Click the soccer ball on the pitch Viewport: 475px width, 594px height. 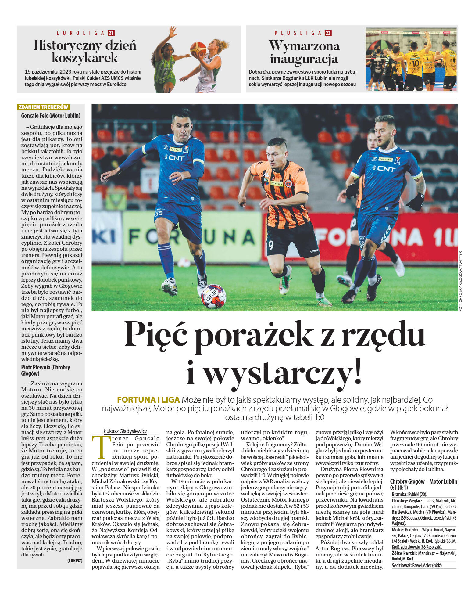click(x=213, y=296)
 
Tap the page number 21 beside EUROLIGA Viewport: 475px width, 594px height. click(x=111, y=33)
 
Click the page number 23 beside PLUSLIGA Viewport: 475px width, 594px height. click(x=328, y=33)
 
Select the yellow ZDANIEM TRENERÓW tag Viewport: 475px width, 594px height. click(x=43, y=107)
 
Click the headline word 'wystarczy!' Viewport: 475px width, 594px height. click(x=274, y=372)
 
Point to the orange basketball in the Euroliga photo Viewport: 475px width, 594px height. click(x=198, y=49)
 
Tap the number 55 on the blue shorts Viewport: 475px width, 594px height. click(x=159, y=213)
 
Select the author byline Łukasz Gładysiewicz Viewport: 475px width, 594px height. click(x=125, y=431)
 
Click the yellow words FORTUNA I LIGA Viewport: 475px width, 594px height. click(x=148, y=400)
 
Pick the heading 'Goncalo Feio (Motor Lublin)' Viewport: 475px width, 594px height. click(x=51, y=116)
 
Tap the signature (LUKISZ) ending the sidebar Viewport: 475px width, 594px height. click(x=75, y=560)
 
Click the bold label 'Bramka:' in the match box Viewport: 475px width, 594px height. click(x=399, y=494)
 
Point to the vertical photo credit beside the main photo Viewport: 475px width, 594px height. click(x=460, y=281)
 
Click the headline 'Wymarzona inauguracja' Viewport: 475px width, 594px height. click(x=304, y=52)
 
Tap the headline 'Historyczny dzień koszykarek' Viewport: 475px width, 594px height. click(x=85, y=51)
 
